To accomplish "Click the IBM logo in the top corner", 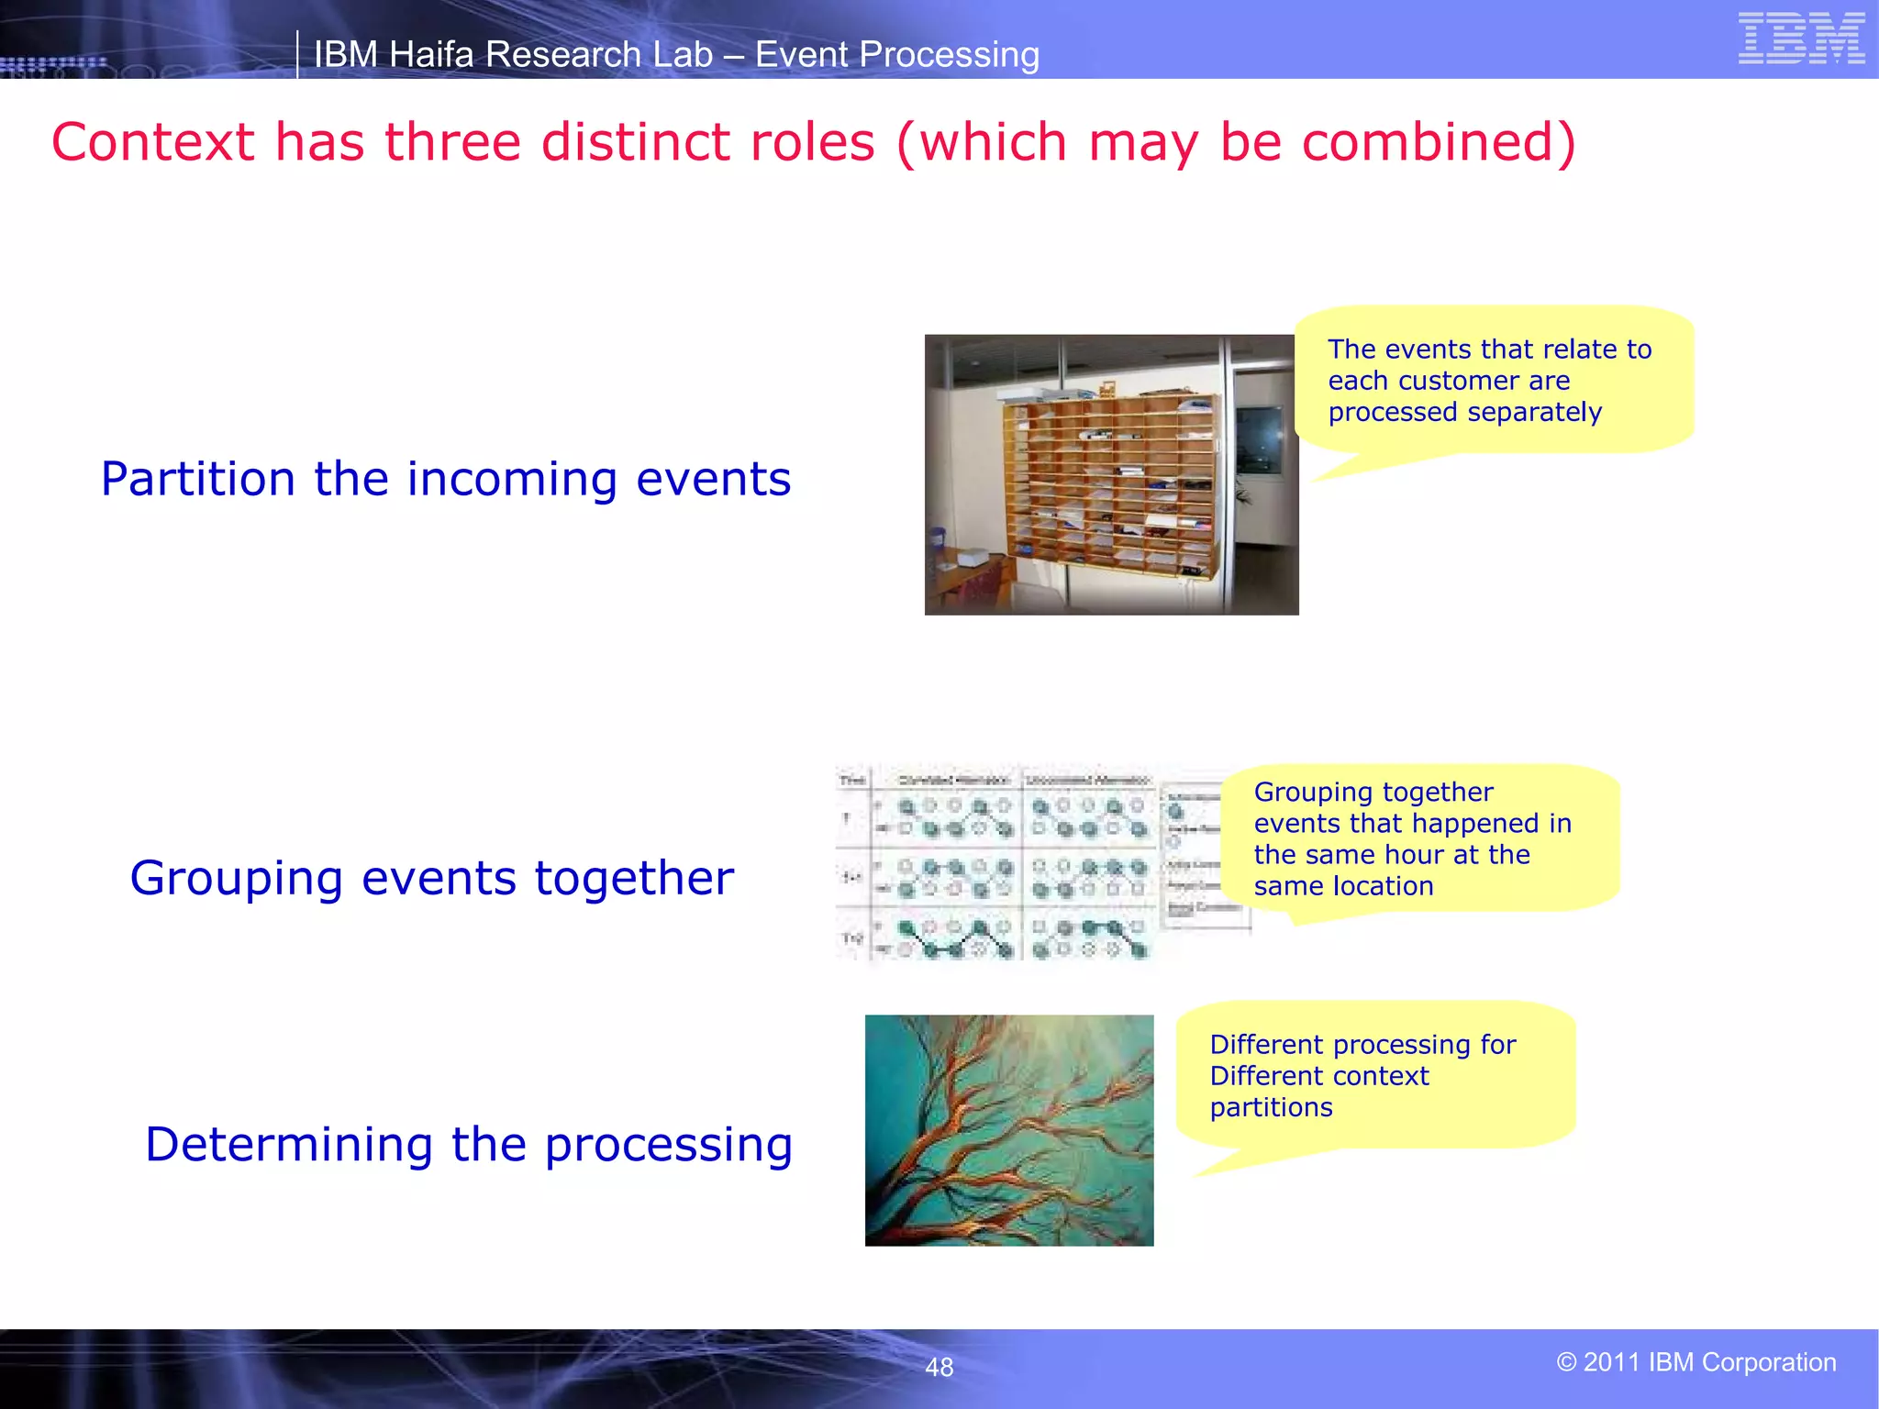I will [x=1801, y=39].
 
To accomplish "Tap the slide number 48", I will [x=939, y=1367].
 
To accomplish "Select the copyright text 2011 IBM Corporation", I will [x=1696, y=1362].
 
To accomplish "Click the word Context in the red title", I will [x=152, y=143].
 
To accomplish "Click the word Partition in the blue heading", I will [x=198, y=479].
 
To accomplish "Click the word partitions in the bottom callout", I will [x=1271, y=1107].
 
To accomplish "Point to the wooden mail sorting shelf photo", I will [x=1111, y=474].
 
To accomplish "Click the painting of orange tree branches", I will [x=1008, y=1130].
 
